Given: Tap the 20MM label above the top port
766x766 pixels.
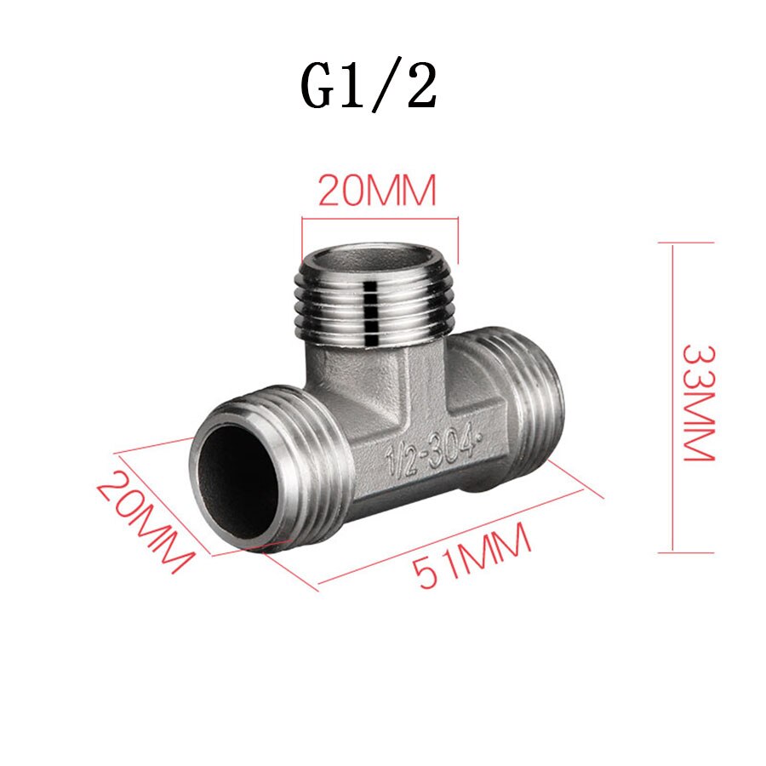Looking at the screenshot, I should tap(377, 191).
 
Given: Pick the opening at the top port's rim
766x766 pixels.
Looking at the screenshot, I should tap(374, 258).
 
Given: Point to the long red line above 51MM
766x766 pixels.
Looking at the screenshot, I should tap(451, 540).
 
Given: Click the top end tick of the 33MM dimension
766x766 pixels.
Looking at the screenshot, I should tap(685, 243).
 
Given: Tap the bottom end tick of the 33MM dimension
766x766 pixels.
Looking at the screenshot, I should tap(685, 552).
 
